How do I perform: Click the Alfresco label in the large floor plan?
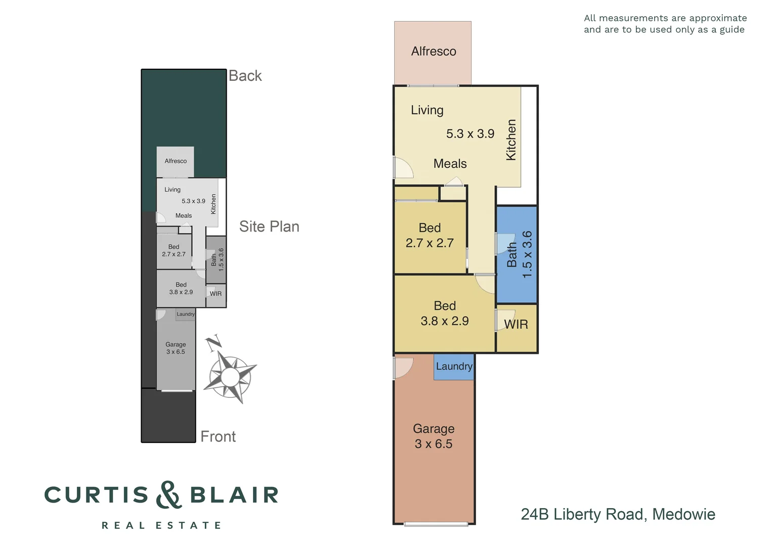[434, 52]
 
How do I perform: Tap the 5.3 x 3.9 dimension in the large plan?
[470, 134]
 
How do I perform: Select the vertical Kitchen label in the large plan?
[511, 140]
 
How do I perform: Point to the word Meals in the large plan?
[450, 164]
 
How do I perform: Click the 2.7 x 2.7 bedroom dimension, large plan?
[430, 243]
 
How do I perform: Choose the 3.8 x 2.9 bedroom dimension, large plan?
[445, 321]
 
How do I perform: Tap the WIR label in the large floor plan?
[516, 325]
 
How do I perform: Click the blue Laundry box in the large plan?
[454, 367]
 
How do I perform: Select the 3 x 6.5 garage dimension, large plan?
[434, 444]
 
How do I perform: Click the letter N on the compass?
[213, 343]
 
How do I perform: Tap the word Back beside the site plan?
[245, 76]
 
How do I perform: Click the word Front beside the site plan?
[218, 437]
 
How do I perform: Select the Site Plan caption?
[269, 226]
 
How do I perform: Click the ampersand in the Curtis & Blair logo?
[168, 495]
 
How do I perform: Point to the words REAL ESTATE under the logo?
[161, 525]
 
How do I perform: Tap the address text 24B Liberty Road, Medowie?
[618, 514]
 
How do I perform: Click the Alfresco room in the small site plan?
[176, 161]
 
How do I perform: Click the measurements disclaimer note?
[665, 24]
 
